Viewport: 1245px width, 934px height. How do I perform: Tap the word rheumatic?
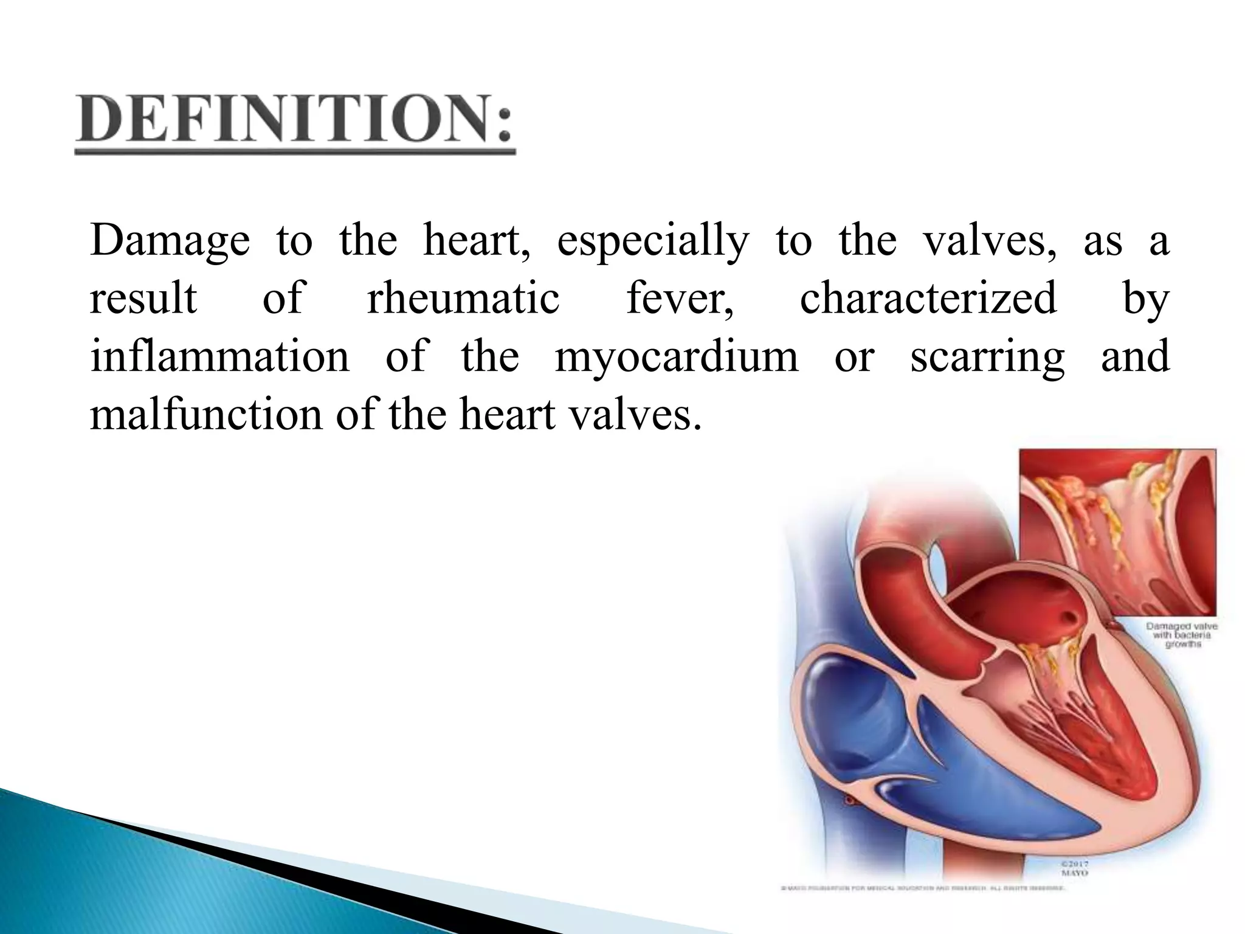pyautogui.click(x=463, y=299)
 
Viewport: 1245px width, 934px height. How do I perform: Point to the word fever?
pyautogui.click(x=679, y=299)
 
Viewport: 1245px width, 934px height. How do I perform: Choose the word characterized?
pyautogui.click(x=928, y=299)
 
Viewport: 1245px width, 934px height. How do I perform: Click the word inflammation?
pyautogui.click(x=219, y=356)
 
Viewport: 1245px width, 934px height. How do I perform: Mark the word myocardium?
pyautogui.click(x=676, y=358)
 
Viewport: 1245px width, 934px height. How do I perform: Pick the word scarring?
pyautogui.click(x=987, y=358)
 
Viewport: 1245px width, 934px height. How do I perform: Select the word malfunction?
pyautogui.click(x=206, y=415)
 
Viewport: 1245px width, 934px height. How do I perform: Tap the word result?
pyautogui.click(x=143, y=299)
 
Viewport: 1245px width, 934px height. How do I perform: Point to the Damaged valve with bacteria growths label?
pyautogui.click(x=1181, y=635)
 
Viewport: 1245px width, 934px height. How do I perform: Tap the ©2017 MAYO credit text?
pyautogui.click(x=1074, y=868)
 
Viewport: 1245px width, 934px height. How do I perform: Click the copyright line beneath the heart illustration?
pyautogui.click(x=922, y=888)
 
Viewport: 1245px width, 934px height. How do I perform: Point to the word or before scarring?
pyautogui.click(x=854, y=358)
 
